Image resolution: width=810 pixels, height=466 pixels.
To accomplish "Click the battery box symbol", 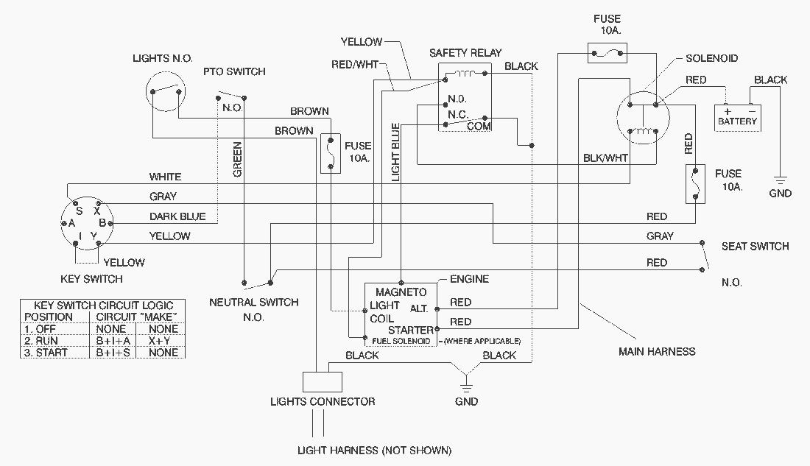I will click(737, 117).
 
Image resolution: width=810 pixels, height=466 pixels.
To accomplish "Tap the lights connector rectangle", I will click(323, 381).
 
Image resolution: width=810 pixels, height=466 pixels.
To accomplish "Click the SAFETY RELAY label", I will click(465, 53).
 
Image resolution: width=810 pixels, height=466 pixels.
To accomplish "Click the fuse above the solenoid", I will click(607, 52).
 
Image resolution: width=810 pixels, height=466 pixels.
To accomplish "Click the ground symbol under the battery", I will click(780, 179).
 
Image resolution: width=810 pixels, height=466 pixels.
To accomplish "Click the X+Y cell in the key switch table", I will click(163, 341).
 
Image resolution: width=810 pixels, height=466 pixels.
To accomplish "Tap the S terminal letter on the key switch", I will click(79, 210).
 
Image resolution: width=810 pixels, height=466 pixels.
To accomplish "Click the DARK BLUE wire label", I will click(177, 216).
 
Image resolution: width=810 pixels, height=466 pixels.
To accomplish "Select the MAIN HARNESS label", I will click(657, 351).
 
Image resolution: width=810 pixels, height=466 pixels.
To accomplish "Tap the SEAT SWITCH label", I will click(755, 246).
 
